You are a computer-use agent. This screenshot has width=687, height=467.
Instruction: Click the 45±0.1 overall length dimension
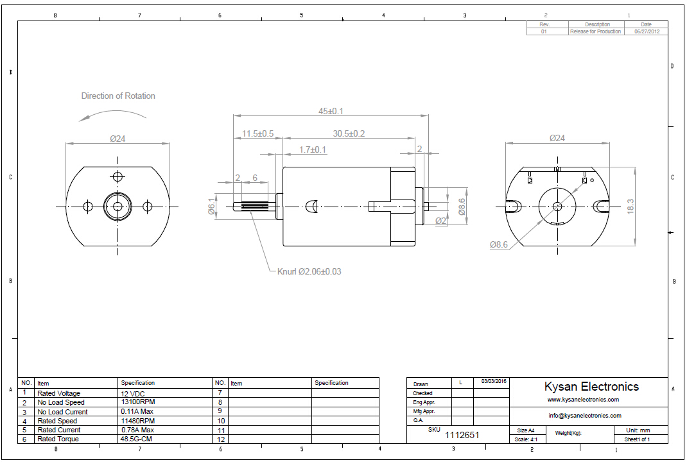[331, 111]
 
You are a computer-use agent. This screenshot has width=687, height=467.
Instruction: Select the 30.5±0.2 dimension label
[349, 133]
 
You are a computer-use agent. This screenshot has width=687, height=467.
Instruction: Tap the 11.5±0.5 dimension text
[257, 133]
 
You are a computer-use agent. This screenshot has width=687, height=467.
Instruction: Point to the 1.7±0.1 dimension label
[313, 149]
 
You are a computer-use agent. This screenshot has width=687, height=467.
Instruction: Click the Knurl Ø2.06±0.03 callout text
[309, 271]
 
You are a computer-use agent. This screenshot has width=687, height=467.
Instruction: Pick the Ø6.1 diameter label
[211, 207]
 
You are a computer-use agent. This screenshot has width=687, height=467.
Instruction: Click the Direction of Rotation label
[118, 96]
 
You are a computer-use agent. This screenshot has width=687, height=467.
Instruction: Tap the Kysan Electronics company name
[591, 386]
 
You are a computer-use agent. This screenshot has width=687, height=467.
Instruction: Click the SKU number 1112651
[462, 435]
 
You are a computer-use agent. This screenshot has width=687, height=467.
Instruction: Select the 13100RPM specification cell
[138, 402]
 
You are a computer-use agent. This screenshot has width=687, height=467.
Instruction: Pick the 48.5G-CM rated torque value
[137, 439]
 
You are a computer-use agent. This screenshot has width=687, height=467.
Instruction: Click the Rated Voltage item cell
[59, 393]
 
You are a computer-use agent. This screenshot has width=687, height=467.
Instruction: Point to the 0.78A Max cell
[137, 430]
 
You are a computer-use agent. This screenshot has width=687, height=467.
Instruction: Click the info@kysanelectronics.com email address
[584, 415]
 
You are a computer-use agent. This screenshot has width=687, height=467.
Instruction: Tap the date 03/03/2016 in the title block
[494, 382]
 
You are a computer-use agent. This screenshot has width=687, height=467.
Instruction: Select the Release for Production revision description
[595, 31]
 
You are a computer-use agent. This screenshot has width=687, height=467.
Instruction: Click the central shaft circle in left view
[117, 206]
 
